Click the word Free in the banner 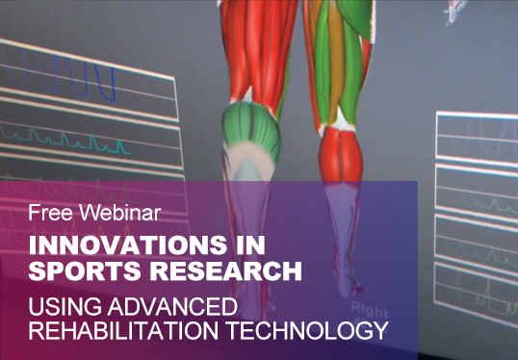[44, 209]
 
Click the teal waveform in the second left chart [87, 144]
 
